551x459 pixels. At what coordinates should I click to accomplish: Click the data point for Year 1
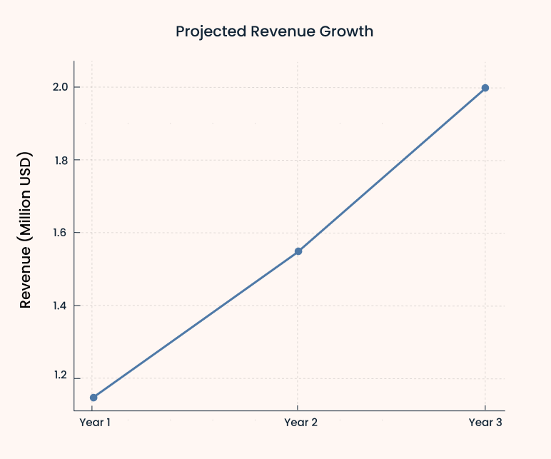click(93, 398)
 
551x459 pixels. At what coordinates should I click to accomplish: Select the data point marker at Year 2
click(298, 251)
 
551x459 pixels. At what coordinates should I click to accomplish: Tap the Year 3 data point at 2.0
click(485, 88)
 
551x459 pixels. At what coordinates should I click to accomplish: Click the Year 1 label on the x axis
click(95, 423)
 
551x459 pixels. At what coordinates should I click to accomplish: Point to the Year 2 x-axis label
click(300, 423)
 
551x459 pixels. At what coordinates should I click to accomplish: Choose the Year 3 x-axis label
click(485, 423)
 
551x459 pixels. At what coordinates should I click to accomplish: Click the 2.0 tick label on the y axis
click(61, 87)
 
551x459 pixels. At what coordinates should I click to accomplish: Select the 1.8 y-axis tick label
click(61, 160)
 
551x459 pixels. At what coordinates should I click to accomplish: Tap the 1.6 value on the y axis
click(61, 233)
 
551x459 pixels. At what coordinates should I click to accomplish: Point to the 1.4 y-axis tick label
click(61, 306)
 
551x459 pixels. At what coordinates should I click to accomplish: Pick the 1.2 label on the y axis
click(61, 378)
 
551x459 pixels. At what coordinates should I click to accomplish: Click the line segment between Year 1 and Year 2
click(196, 325)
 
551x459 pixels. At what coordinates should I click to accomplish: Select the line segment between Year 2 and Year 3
click(392, 170)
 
